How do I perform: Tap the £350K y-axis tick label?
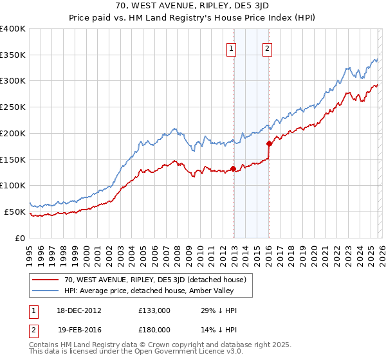pyautogui.click(x=13, y=55)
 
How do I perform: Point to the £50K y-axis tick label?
pyautogui.click(x=15, y=212)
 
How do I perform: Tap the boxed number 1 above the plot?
pyautogui.click(x=231, y=47)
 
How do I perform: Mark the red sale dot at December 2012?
pyautogui.click(x=233, y=169)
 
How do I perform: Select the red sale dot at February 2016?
pyautogui.click(x=269, y=145)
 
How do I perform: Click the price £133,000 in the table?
pyautogui.click(x=154, y=310)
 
